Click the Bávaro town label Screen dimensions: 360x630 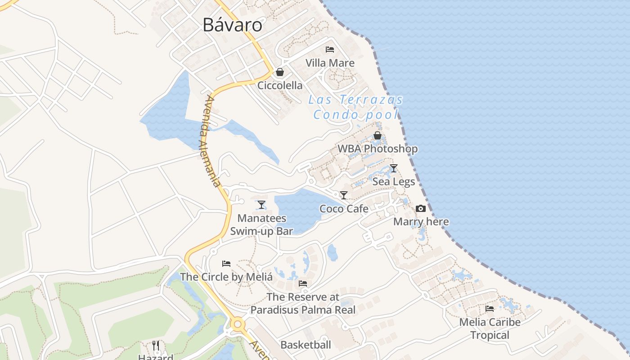[232, 25]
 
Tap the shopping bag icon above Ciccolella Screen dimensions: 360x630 [280, 72]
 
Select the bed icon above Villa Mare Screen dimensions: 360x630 [330, 49]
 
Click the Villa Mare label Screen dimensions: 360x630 [330, 63]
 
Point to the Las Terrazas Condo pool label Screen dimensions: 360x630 [355, 107]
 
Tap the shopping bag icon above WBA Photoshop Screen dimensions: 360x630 [378, 135]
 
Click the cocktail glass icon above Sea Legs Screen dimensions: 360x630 [394, 168]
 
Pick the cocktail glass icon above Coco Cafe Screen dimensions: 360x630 [344, 195]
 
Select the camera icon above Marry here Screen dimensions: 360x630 [421, 208]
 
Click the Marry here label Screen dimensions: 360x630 [421, 222]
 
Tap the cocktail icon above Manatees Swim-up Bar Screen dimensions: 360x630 [261, 205]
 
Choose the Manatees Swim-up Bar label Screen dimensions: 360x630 [261, 225]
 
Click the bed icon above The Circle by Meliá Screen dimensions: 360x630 [226, 263]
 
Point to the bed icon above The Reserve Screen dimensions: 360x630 [303, 283]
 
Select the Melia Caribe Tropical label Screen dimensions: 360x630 [490, 329]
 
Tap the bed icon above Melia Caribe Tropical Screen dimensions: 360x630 [490, 309]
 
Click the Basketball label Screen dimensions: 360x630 [306, 345]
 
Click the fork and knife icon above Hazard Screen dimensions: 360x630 [156, 346]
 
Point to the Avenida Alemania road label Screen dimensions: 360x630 [210, 141]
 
